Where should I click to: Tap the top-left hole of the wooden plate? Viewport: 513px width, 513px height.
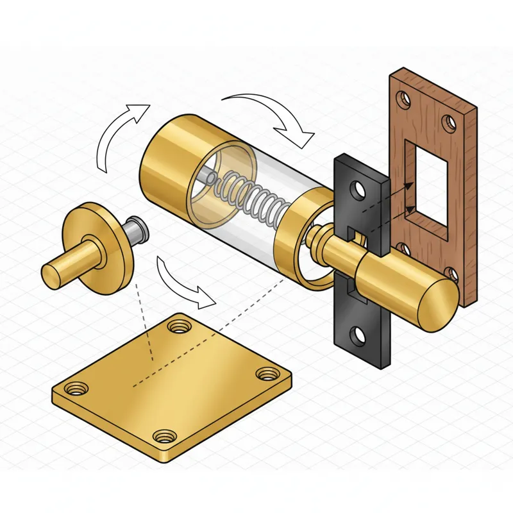pos(403,99)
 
